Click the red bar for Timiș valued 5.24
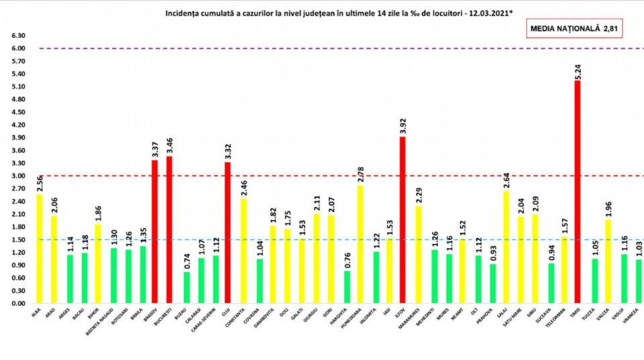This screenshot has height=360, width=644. (578, 192)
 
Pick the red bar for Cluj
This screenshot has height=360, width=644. (228, 233)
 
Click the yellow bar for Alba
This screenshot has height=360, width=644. (39, 249)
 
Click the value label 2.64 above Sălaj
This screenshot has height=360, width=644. (505, 180)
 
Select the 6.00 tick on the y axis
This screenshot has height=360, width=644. (17, 48)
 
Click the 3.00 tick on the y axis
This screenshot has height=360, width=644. (17, 176)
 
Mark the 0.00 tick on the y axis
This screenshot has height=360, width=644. (17, 304)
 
